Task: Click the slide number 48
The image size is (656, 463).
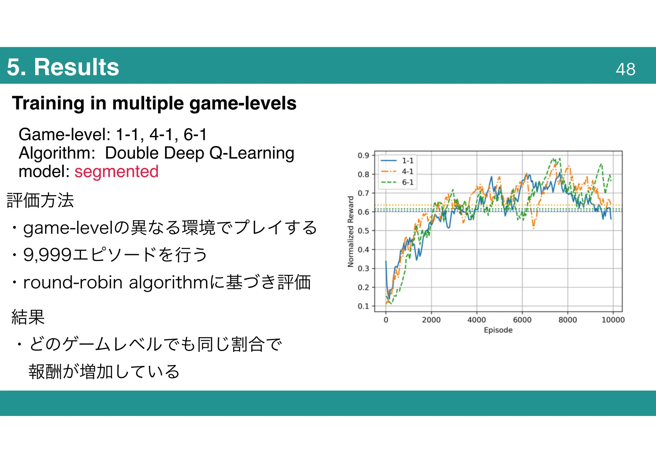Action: pyautogui.click(x=625, y=69)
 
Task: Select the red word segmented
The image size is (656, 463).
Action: pyautogui.click(x=117, y=172)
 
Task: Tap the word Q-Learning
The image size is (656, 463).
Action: pyautogui.click(x=252, y=153)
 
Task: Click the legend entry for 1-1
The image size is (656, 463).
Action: pyautogui.click(x=407, y=161)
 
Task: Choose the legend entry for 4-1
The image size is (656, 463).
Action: pyautogui.click(x=407, y=172)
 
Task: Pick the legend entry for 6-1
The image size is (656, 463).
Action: pyautogui.click(x=407, y=182)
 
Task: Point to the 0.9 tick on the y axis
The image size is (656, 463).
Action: pyautogui.click(x=363, y=156)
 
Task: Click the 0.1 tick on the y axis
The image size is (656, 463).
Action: pyautogui.click(x=363, y=306)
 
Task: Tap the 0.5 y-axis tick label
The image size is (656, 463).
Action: pyautogui.click(x=363, y=231)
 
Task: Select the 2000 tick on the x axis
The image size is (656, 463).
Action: pyautogui.click(x=431, y=320)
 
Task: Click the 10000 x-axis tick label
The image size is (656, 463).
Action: pyautogui.click(x=613, y=320)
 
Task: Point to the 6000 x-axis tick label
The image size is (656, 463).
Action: pyautogui.click(x=522, y=320)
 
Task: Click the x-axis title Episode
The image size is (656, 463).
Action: pyautogui.click(x=498, y=330)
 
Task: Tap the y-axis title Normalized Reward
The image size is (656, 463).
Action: pyautogui.click(x=351, y=231)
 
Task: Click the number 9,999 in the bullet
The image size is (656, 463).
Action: pyautogui.click(x=47, y=255)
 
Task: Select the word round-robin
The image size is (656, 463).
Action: pyautogui.click(x=73, y=283)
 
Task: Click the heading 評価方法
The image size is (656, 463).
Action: pyautogui.click(x=40, y=201)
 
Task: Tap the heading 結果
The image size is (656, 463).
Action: pyautogui.click(x=28, y=317)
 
